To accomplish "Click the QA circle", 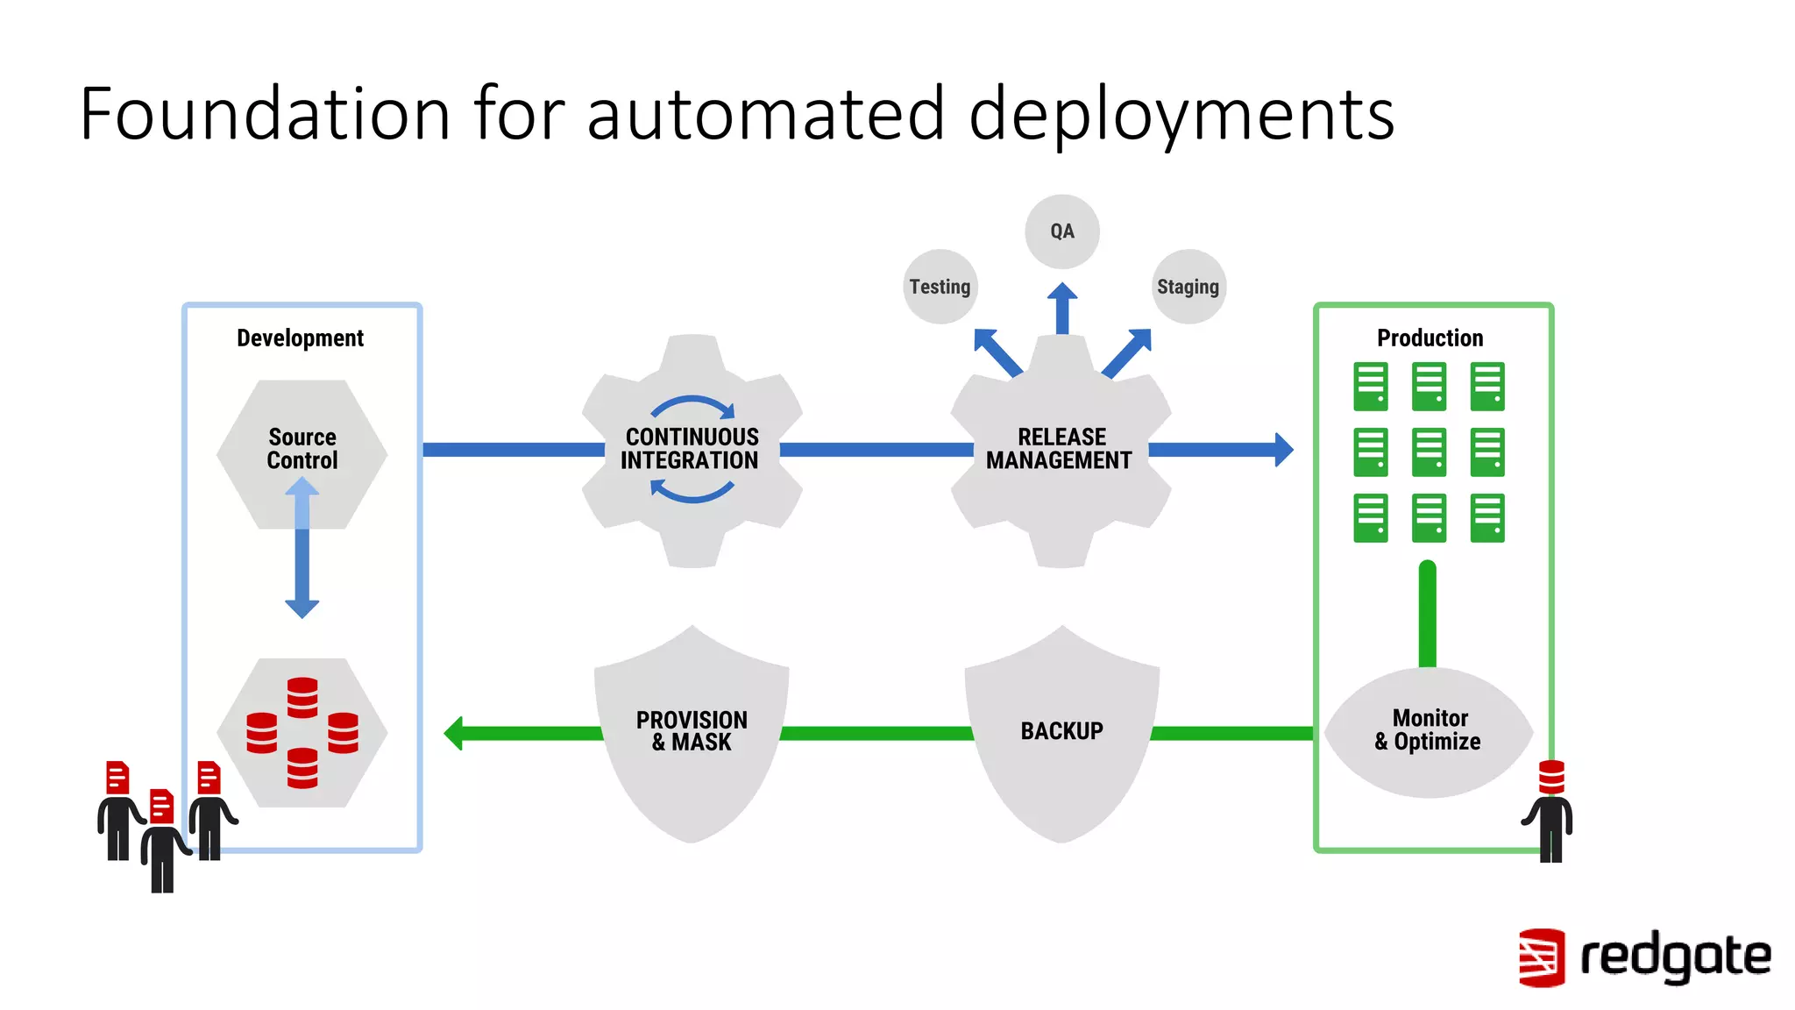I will [1061, 231].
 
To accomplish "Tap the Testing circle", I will [940, 287].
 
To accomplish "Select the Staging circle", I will [1188, 287].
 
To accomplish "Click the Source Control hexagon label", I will [302, 449].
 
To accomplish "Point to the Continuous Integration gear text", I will [691, 449].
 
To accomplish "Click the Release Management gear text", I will [1060, 449].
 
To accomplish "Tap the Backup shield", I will [1061, 731].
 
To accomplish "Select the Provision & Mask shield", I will [692, 731].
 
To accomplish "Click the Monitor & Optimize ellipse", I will [1428, 730].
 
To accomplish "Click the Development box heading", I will [300, 338].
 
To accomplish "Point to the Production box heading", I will [1430, 338].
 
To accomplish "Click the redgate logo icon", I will [1541, 957].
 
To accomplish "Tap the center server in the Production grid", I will [1429, 452].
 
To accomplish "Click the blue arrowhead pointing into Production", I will [1282, 450].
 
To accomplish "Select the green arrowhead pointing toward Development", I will [454, 733].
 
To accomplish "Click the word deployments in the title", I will [1181, 114].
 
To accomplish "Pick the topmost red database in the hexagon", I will [302, 697].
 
